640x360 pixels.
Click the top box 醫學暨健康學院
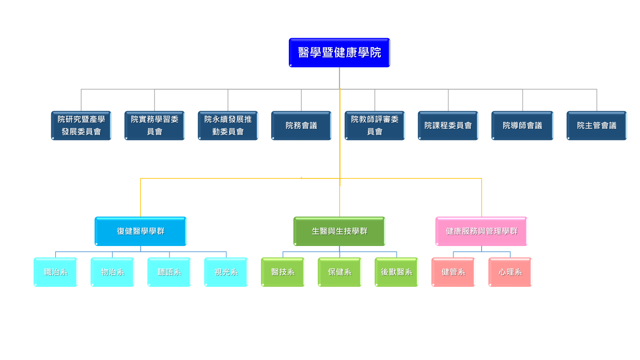(x=339, y=52)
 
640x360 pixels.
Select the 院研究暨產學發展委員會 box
(x=81, y=126)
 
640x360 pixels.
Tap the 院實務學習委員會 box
(x=154, y=126)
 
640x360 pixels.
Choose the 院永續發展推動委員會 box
(x=228, y=126)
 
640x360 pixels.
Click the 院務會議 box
(x=301, y=126)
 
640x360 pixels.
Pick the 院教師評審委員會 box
(x=375, y=126)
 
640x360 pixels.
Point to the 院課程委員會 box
(x=448, y=126)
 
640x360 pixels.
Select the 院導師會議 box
(x=522, y=126)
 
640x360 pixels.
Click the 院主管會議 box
(x=596, y=126)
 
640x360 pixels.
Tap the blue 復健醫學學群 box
(x=140, y=231)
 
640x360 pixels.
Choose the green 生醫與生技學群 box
(x=339, y=231)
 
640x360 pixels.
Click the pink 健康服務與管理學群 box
(x=481, y=231)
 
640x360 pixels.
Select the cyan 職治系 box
(x=56, y=272)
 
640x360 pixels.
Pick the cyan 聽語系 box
(x=169, y=272)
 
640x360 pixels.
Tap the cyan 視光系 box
(x=226, y=272)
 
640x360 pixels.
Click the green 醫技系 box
(x=283, y=272)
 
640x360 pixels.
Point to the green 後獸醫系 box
(x=396, y=272)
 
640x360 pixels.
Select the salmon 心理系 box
(x=510, y=272)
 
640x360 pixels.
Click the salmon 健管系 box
(x=453, y=272)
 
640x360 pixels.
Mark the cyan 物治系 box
(x=112, y=272)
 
